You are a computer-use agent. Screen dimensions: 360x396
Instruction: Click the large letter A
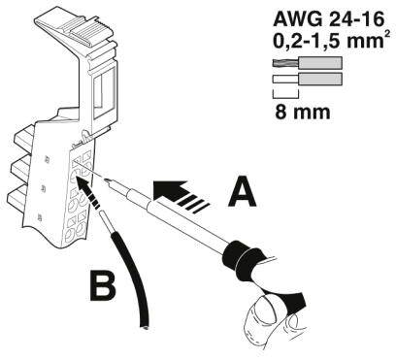(x=244, y=192)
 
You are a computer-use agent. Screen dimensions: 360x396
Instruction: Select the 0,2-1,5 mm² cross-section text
(x=323, y=42)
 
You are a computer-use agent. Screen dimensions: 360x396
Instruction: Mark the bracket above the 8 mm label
(x=284, y=94)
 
